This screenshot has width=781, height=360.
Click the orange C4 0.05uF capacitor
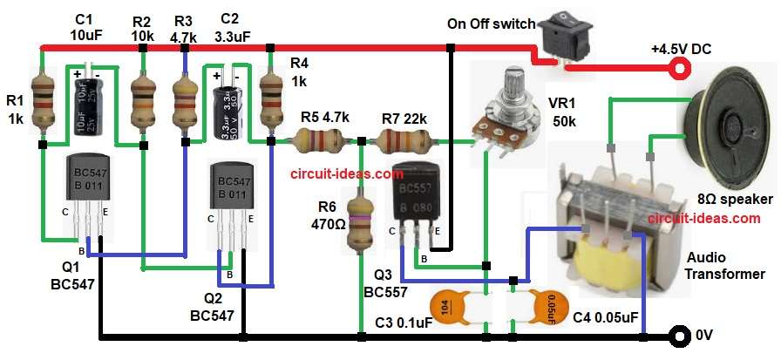tap(538, 307)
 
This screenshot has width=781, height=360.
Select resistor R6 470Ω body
tap(359, 221)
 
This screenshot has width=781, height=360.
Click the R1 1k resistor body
tap(41, 101)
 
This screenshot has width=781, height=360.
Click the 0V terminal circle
tap(676, 336)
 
